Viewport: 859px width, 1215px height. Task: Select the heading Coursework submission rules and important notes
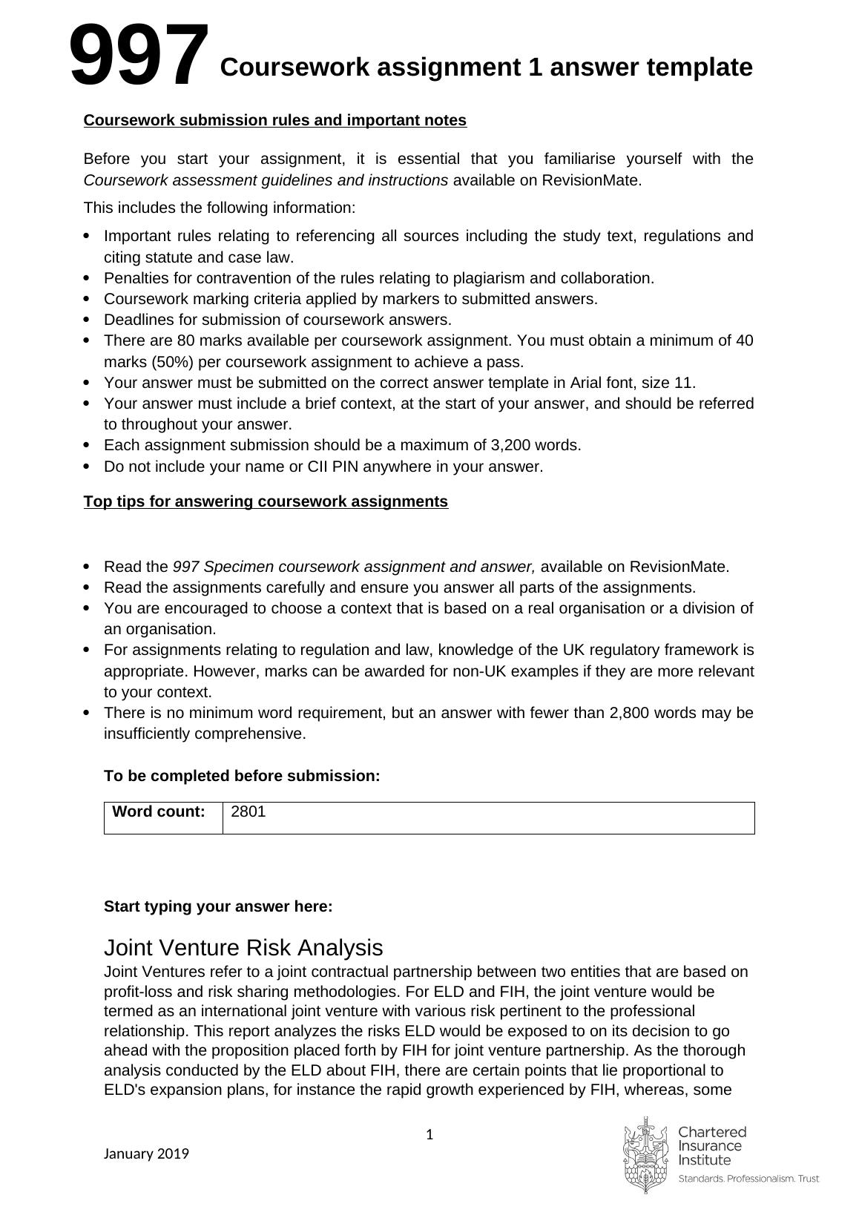click(275, 120)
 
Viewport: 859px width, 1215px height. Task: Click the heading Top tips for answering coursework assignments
click(266, 501)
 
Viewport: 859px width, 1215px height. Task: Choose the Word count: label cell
click(159, 812)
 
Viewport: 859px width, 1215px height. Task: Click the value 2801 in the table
click(249, 812)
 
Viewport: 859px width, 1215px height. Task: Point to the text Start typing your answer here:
click(218, 906)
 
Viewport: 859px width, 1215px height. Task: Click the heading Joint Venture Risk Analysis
click(243, 948)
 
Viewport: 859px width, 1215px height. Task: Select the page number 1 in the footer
click(429, 1135)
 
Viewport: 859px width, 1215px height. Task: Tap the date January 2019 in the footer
click(146, 1154)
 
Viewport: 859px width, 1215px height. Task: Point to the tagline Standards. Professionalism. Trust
click(748, 1179)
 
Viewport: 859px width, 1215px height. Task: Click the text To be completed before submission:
click(242, 776)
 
